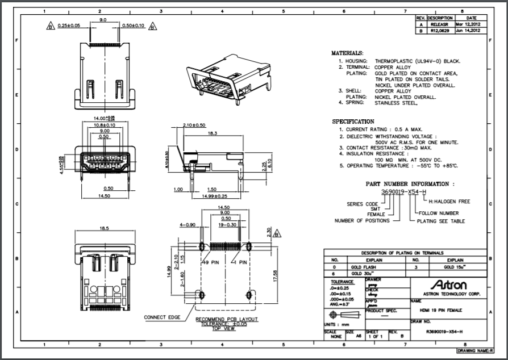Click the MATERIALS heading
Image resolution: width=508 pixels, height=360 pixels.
pos(347,53)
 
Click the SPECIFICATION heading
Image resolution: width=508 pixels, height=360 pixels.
pos(353,122)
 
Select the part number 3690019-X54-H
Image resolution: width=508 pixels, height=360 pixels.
pos(403,192)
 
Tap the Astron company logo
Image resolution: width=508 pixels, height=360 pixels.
pos(449,284)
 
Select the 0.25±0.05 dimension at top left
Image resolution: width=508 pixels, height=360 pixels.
pos(69,26)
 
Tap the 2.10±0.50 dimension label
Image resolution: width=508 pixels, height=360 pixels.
pos(195,125)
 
